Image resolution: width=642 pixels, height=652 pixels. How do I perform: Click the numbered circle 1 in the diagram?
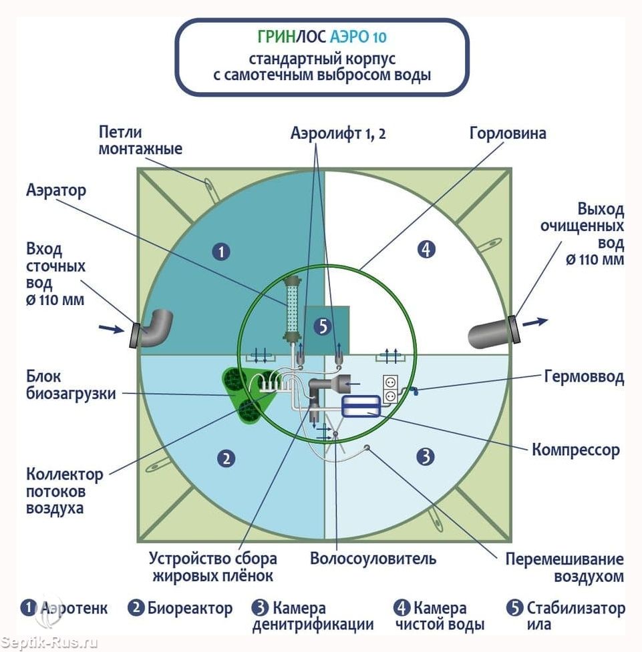click(x=221, y=252)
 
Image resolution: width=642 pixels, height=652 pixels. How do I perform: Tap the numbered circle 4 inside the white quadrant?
click(x=426, y=249)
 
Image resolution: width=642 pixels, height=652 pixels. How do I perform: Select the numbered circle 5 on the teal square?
click(x=323, y=326)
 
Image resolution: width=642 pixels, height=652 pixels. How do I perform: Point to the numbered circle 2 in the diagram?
click(x=226, y=458)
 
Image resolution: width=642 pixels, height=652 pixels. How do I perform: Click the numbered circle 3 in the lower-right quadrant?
click(x=426, y=456)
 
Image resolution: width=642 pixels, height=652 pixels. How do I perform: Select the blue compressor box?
click(x=361, y=406)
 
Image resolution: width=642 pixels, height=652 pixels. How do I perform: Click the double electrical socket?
click(x=390, y=389)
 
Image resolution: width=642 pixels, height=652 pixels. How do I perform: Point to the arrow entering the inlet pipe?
click(x=112, y=329)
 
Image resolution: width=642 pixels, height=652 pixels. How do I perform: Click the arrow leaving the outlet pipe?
click(x=535, y=322)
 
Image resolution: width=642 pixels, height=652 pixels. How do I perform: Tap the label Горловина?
click(x=508, y=133)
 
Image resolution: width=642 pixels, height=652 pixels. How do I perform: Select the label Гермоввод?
click(x=584, y=377)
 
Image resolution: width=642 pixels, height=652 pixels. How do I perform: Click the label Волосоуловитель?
click(x=373, y=559)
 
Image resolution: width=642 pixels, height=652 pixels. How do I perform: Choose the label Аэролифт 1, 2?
click(x=338, y=133)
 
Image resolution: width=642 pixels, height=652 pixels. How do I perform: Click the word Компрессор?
click(x=576, y=450)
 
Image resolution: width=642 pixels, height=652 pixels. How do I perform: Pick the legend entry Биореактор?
click(x=190, y=609)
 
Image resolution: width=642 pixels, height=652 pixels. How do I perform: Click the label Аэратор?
click(x=56, y=190)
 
